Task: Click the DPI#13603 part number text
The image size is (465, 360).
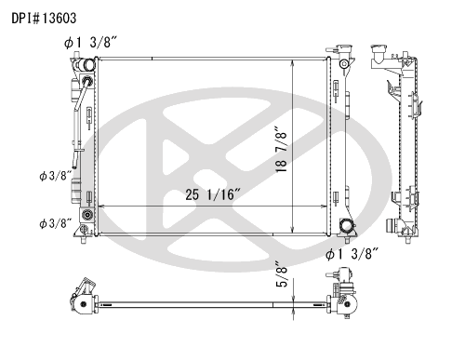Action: [44, 19]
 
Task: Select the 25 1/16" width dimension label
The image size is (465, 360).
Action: [213, 194]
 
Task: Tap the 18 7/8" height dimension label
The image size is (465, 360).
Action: [282, 149]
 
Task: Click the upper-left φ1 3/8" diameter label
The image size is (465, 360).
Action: [90, 43]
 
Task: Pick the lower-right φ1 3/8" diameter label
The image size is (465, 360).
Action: [352, 254]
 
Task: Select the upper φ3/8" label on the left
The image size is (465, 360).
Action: [56, 176]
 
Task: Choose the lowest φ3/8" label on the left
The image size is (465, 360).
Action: [56, 223]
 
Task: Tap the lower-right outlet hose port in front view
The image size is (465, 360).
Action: [346, 225]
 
